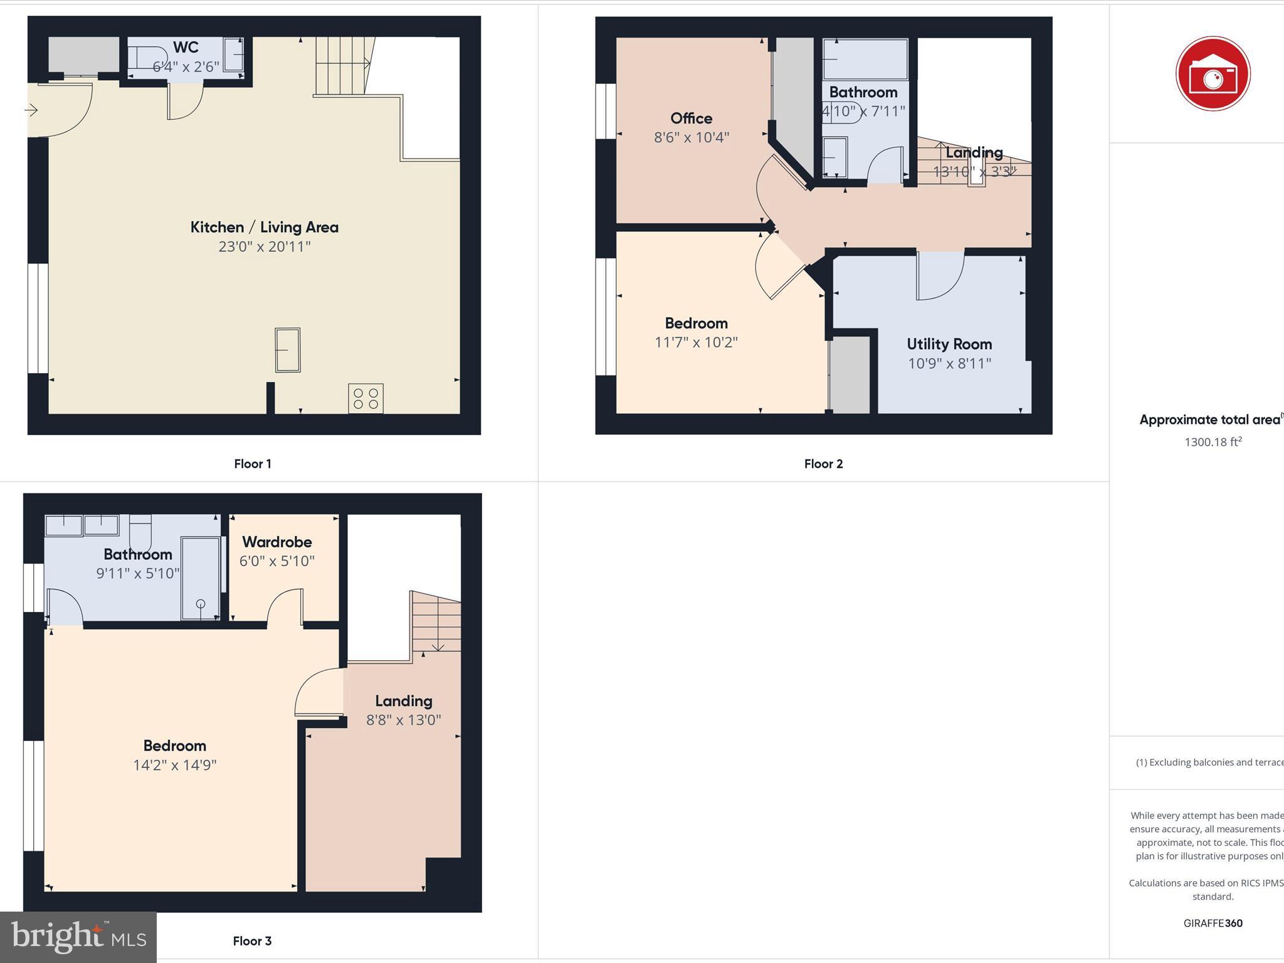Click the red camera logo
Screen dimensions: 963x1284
pos(1213,74)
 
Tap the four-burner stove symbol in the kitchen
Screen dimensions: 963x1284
pos(366,399)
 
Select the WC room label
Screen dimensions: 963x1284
pos(186,48)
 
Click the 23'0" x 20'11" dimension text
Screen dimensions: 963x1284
pos(264,246)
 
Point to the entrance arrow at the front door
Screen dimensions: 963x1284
pos(31,110)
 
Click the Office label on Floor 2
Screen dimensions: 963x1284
pos(691,118)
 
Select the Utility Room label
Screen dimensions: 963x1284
pos(949,344)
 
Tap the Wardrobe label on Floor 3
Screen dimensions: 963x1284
pos(276,542)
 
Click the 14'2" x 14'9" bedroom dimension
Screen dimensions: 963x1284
pos(174,765)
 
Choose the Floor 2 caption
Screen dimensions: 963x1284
pos(823,464)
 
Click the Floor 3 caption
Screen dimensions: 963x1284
pos(252,941)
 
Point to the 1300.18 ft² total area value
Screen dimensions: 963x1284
pos(1213,442)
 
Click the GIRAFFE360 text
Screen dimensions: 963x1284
pos(1213,923)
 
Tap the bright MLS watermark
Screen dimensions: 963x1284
pos(78,937)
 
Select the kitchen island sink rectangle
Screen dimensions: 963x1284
pos(288,350)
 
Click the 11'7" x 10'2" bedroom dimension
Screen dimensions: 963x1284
pos(696,342)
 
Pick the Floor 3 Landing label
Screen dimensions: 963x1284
pos(404,701)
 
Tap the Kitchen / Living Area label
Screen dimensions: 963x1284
pos(264,227)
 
